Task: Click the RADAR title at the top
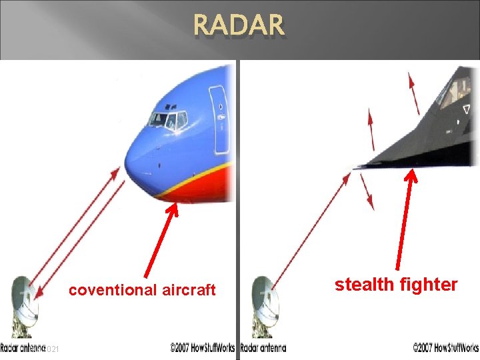[x=239, y=27]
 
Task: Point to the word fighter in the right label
[x=431, y=285]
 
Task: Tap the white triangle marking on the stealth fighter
[x=466, y=109]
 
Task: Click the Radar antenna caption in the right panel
[x=263, y=348]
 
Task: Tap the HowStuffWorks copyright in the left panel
[x=203, y=348]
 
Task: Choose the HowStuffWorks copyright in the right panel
[x=445, y=348]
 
